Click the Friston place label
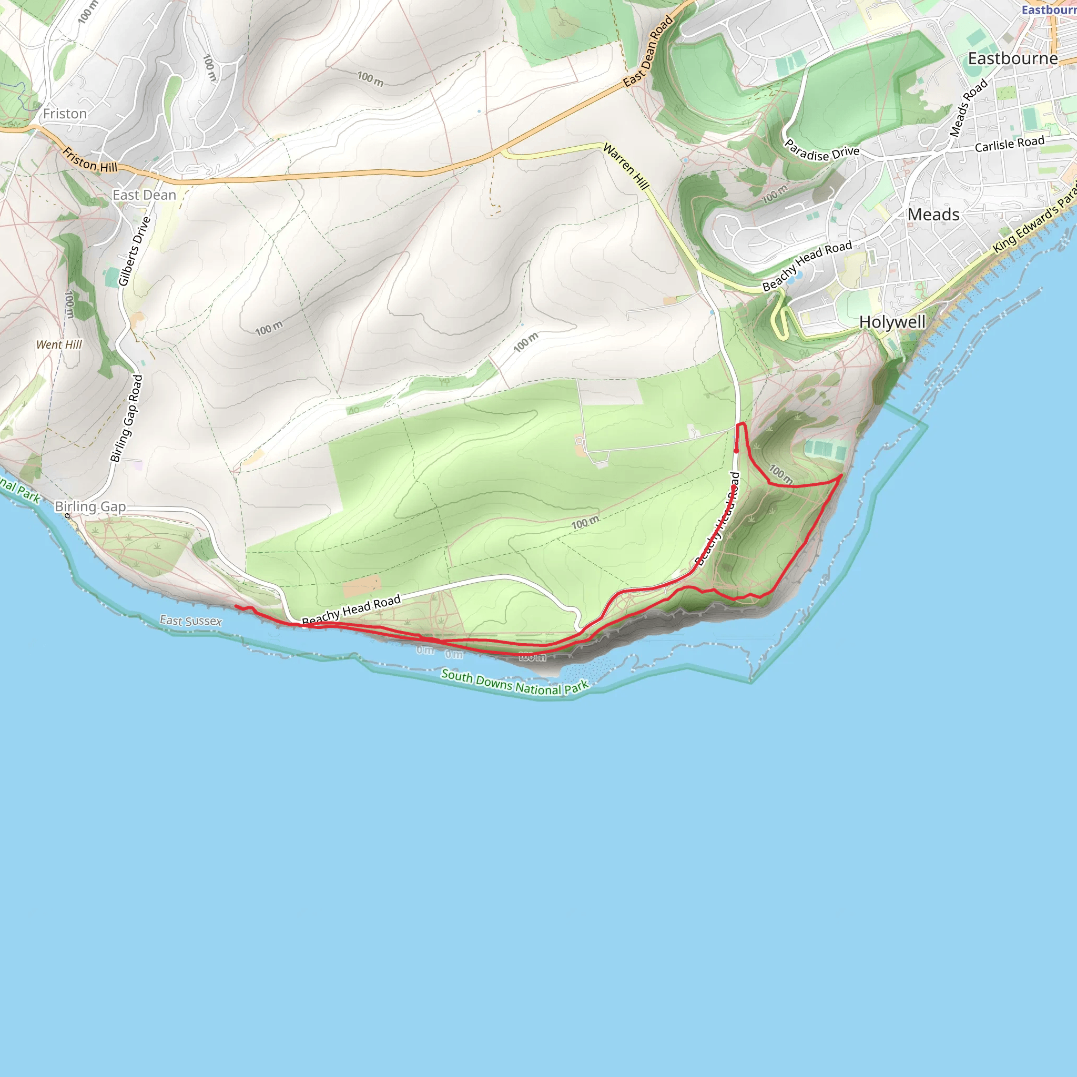[x=65, y=114]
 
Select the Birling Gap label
[x=90, y=506]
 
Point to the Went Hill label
[x=59, y=344]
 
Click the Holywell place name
[x=892, y=322]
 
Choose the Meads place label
[x=933, y=215]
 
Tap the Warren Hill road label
[x=626, y=166]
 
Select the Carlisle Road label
[x=1009, y=144]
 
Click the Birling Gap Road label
[x=127, y=418]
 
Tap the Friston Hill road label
[x=89, y=160]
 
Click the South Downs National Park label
[x=514, y=683]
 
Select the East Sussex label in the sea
[x=191, y=621]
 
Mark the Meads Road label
[x=968, y=108]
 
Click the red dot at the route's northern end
[x=736, y=451]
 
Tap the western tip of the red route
[x=236, y=606]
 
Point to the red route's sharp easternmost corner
[x=841, y=475]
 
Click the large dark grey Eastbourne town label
[x=1012, y=58]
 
